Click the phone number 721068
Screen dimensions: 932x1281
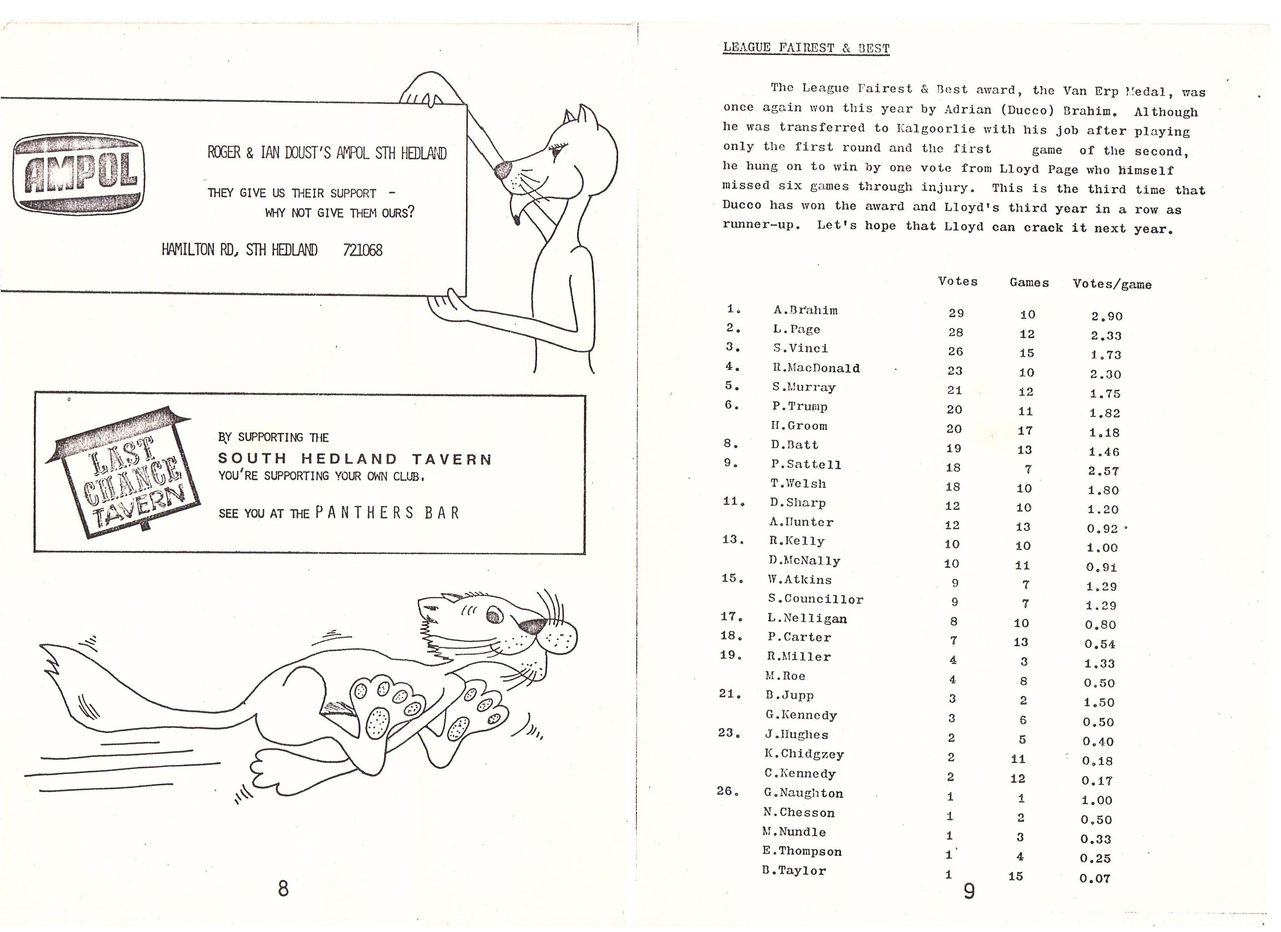[x=363, y=250]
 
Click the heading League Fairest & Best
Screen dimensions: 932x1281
[x=806, y=47]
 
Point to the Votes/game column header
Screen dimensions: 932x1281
[x=1112, y=284]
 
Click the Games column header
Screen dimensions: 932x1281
[x=1029, y=283]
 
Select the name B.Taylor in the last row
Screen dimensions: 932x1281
[x=794, y=870]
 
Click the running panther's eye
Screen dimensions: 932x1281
[x=495, y=614]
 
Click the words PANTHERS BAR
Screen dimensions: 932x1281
[x=388, y=513]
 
